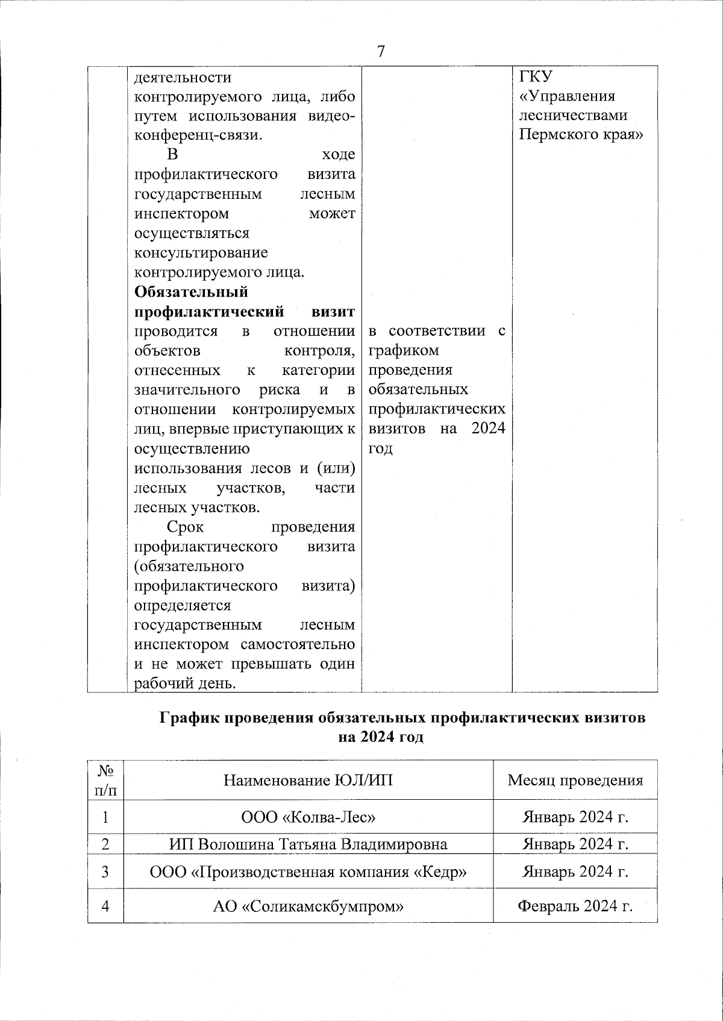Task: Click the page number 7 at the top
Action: (x=380, y=52)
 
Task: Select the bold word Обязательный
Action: (x=191, y=292)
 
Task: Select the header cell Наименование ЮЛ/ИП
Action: (x=308, y=781)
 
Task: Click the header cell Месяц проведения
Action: (x=575, y=781)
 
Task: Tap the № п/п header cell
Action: (x=105, y=780)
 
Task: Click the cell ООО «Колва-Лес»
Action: (x=308, y=817)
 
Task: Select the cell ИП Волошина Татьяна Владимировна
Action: (x=308, y=844)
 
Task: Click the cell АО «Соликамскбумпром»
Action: (x=308, y=906)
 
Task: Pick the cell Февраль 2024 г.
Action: (x=575, y=906)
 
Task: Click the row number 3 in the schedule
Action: (x=105, y=872)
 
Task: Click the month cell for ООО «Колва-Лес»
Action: (x=575, y=817)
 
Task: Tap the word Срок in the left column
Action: (x=185, y=527)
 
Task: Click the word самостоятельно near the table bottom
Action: (x=298, y=644)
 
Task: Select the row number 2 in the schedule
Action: (x=105, y=844)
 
